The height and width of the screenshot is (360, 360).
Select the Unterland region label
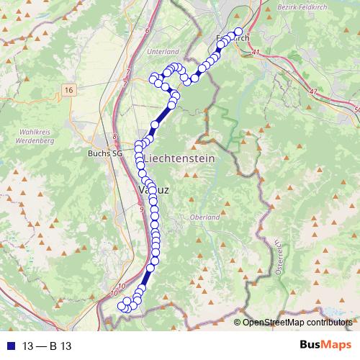point(162,52)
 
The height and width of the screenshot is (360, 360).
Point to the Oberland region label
point(204,217)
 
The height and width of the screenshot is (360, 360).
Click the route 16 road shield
point(68,89)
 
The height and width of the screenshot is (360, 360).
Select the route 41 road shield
point(256,53)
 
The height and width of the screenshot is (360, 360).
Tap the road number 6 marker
point(147,30)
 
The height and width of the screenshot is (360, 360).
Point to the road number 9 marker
point(142,209)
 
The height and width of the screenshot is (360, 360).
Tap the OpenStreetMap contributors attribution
point(297,322)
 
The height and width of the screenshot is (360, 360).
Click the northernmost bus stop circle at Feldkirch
point(238,31)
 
